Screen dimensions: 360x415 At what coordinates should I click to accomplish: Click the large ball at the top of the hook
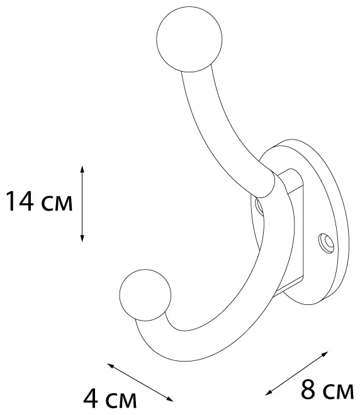click(189, 39)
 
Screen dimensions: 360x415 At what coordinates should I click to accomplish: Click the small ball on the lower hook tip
click(145, 295)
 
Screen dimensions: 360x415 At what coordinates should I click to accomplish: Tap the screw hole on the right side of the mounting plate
click(326, 243)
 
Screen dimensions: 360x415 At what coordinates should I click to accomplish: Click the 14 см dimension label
click(39, 201)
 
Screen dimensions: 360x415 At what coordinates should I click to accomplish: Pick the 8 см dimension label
click(327, 390)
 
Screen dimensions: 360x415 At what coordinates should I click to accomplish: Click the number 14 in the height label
click(20, 201)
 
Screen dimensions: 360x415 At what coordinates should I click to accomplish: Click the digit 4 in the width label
click(91, 399)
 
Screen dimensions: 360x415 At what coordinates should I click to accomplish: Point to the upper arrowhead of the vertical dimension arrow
click(82, 169)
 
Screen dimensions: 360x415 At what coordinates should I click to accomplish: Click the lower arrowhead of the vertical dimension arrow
click(82, 238)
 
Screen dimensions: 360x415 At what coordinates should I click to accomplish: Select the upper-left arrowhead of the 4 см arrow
click(110, 365)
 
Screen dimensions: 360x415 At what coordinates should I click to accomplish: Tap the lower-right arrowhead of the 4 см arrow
click(170, 399)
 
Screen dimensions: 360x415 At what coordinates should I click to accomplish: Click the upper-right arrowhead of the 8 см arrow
click(325, 354)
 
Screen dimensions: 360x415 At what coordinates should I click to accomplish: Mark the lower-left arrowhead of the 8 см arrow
click(269, 393)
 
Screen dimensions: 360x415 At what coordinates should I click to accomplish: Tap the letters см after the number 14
click(57, 204)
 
